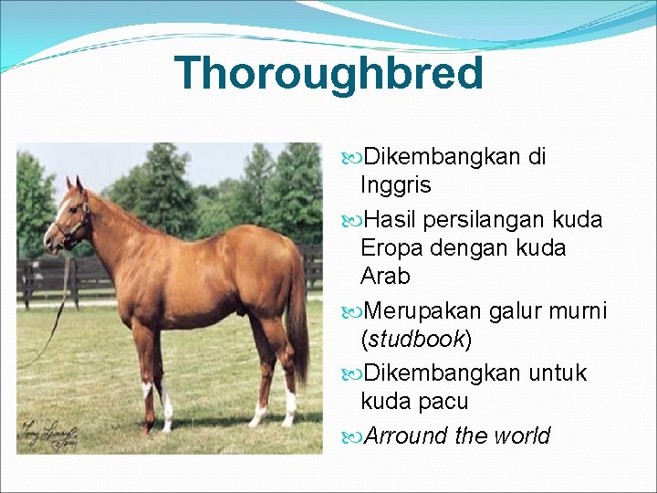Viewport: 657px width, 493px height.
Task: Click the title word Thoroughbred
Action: tap(328, 74)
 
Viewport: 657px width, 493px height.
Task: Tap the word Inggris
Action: tap(395, 185)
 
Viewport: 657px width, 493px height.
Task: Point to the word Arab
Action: tap(385, 276)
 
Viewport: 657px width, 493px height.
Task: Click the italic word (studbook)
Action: tap(416, 340)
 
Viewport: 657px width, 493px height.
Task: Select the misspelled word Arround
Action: tap(406, 435)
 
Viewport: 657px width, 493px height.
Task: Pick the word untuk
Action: tap(555, 373)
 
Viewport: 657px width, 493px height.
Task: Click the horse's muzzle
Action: tap(50, 241)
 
